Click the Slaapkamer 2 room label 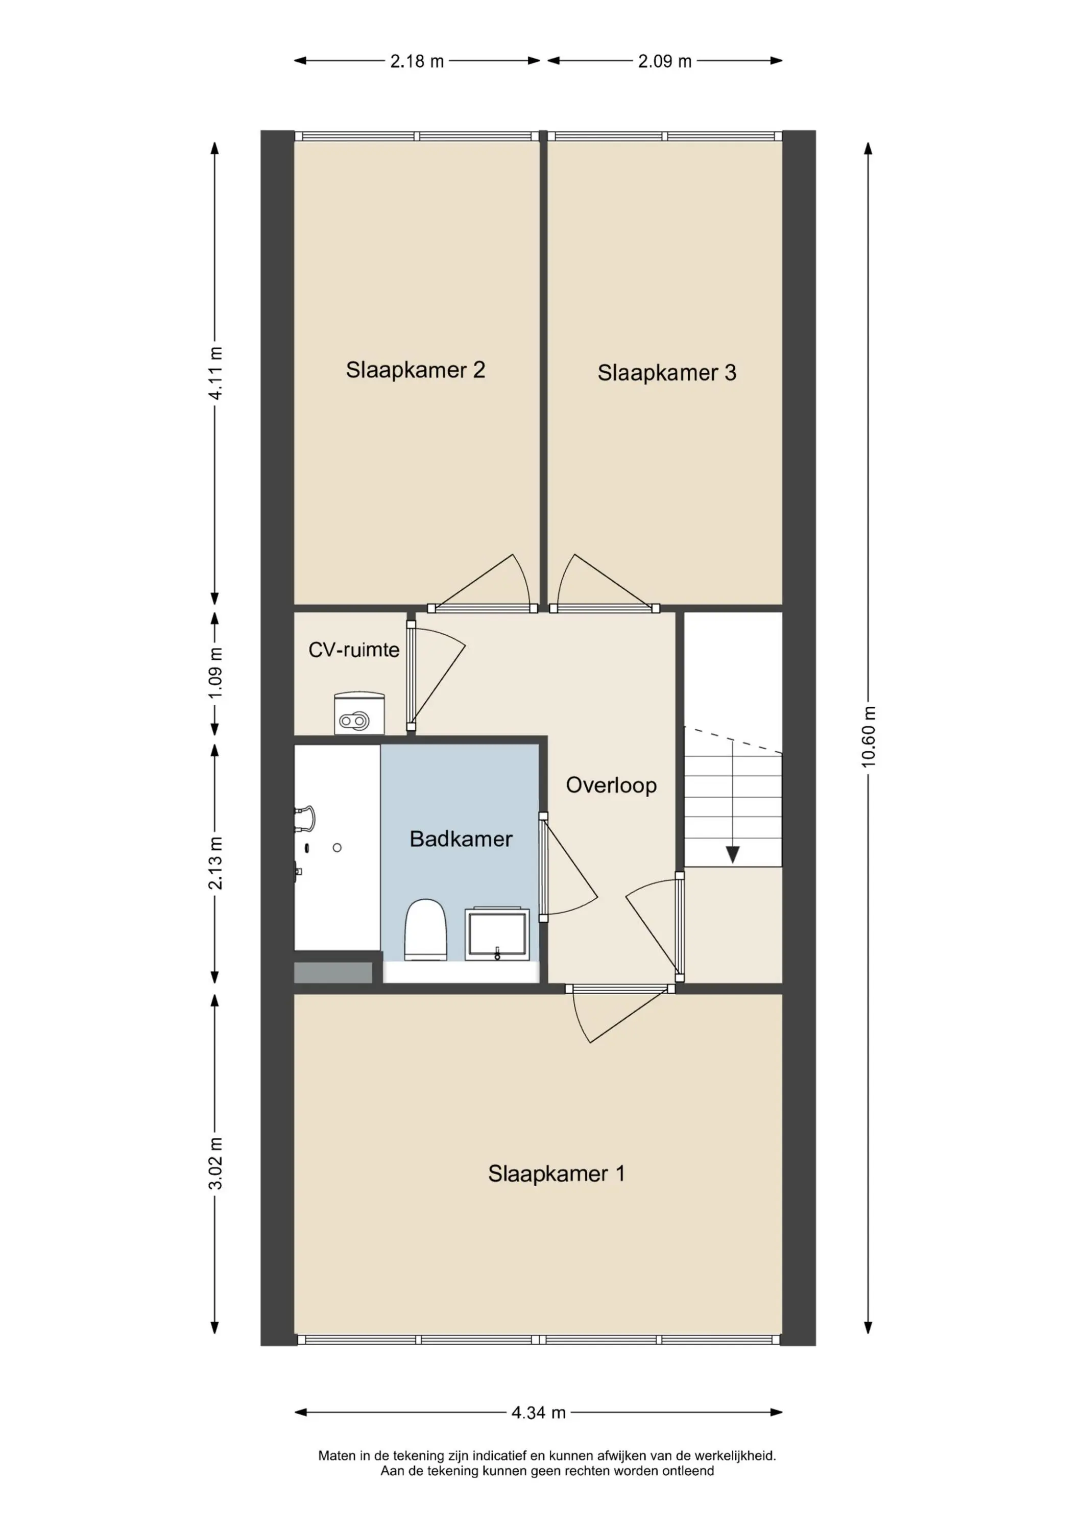(x=415, y=370)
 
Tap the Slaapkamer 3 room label (x=667, y=372)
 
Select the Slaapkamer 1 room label (x=556, y=1173)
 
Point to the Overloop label (x=611, y=785)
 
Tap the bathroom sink (x=498, y=933)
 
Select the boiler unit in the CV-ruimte (x=359, y=713)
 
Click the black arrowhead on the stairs (x=733, y=855)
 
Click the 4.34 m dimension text (x=539, y=1412)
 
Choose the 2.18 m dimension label (x=417, y=61)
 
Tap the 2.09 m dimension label (x=665, y=61)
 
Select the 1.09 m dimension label (x=215, y=673)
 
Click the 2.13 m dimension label (x=215, y=863)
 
